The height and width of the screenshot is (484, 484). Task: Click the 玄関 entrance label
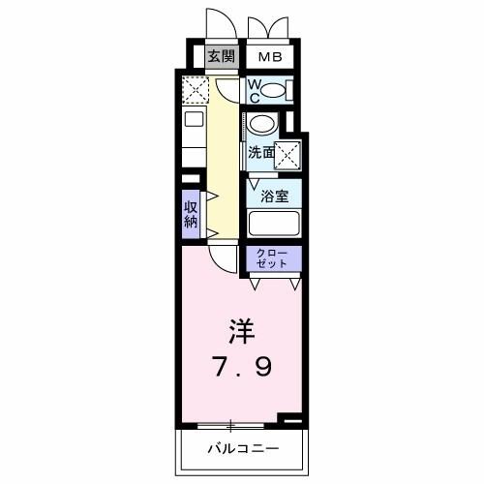point(222,56)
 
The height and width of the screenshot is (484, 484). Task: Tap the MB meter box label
point(269,56)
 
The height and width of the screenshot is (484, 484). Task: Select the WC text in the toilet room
point(253,91)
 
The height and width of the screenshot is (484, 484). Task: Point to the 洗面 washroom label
point(258,152)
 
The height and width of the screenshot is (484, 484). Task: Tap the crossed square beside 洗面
point(287,153)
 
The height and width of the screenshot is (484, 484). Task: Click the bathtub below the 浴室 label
point(273,224)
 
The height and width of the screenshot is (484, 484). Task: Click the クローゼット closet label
point(273,258)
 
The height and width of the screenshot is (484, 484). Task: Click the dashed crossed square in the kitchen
point(196,91)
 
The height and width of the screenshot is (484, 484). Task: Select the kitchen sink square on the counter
point(192,121)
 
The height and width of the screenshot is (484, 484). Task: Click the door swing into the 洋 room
point(223,257)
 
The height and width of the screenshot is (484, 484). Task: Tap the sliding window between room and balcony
point(232,425)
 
